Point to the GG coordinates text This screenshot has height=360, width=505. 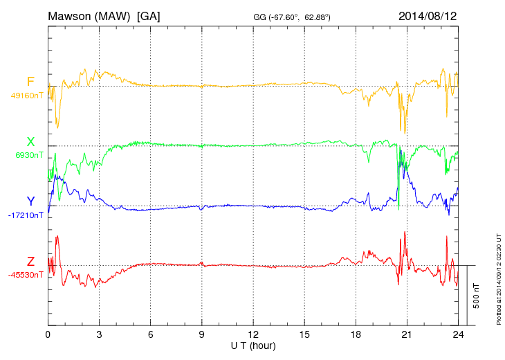(293, 16)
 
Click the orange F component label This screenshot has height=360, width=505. (30, 82)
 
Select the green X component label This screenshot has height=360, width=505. (30, 142)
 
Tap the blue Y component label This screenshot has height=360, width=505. (30, 201)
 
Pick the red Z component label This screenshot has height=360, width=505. (30, 262)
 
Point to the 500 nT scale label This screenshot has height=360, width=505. (477, 295)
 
